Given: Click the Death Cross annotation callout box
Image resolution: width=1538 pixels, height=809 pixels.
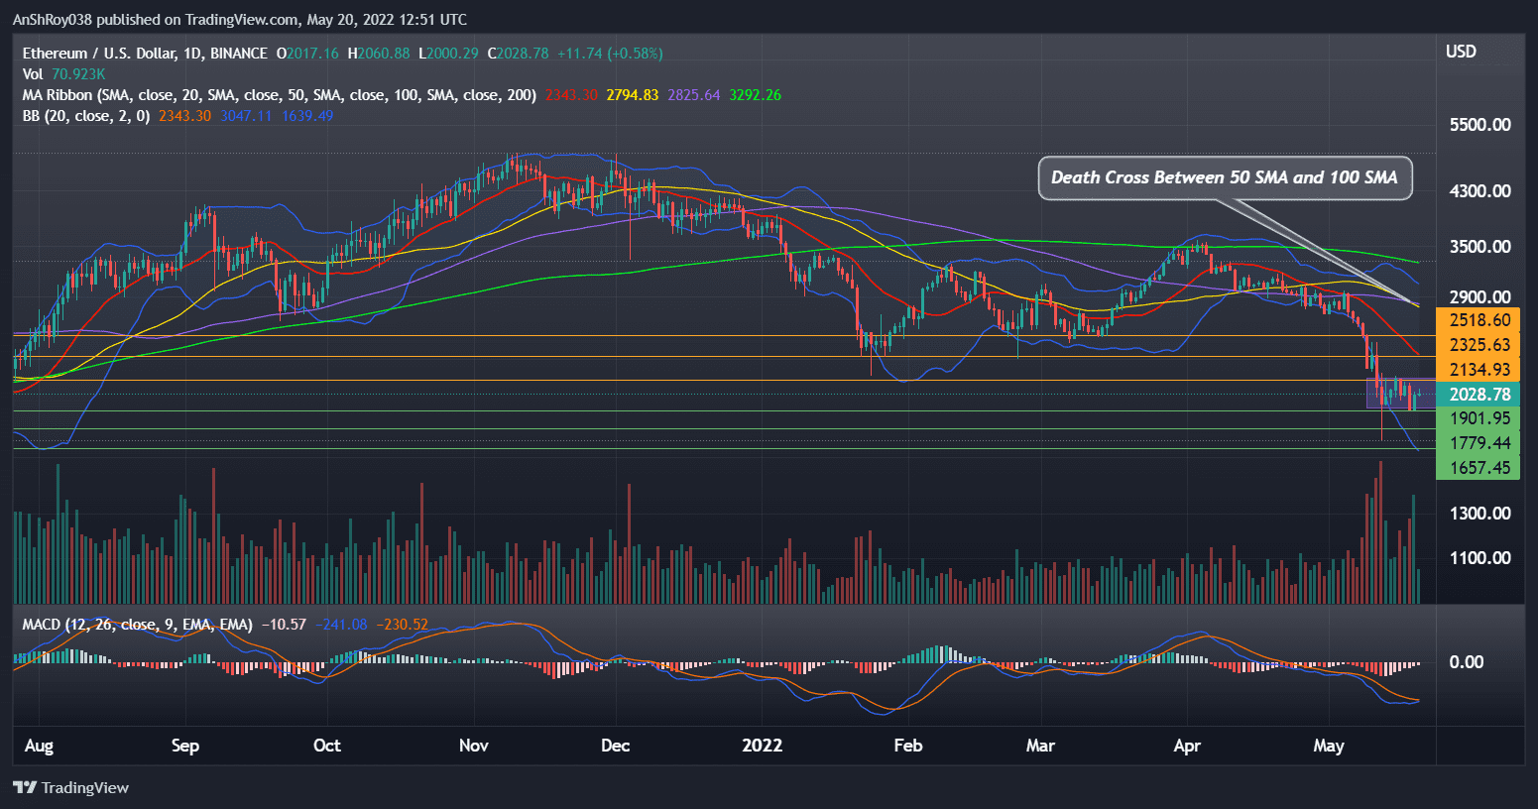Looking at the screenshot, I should click(x=1225, y=178).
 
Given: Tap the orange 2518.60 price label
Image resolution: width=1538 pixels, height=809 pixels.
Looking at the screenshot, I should click(x=1479, y=320).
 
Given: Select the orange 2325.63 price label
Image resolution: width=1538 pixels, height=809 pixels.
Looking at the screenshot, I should click(x=1479, y=345).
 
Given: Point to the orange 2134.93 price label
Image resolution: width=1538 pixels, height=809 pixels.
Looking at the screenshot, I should click(x=1479, y=370).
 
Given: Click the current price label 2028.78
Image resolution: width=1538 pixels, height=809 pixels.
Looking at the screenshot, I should click(x=1479, y=395).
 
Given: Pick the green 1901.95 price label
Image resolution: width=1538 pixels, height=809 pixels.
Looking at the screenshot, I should click(x=1479, y=418).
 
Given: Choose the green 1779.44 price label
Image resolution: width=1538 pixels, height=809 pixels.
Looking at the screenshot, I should click(x=1479, y=443).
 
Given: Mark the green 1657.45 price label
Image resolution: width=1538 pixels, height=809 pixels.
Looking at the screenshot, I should click(x=1479, y=468).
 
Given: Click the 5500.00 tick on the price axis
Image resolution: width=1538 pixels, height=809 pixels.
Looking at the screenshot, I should click(x=1479, y=125).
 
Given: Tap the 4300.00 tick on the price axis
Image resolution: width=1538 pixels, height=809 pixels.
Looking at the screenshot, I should click(x=1479, y=191).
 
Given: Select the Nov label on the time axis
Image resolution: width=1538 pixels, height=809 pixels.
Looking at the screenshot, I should click(x=474, y=746).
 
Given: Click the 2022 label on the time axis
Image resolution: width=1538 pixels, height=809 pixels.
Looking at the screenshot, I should click(x=763, y=746).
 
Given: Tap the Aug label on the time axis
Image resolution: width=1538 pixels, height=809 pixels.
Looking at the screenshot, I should click(x=39, y=746).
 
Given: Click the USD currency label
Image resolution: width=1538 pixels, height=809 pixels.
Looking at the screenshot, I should click(x=1461, y=52).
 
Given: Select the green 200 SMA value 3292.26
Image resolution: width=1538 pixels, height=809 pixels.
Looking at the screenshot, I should click(x=755, y=95).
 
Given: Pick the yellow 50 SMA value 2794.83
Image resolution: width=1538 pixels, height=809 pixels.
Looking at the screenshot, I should click(x=633, y=95).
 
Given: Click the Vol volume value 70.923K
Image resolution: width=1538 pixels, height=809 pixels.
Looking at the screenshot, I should click(x=78, y=74).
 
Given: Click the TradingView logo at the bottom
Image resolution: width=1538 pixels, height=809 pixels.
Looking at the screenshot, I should click(x=71, y=787).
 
